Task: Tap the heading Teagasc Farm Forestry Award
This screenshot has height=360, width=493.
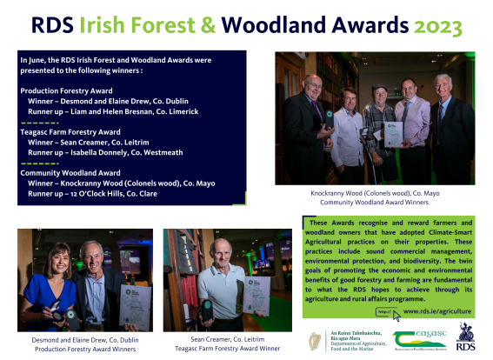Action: point(70,131)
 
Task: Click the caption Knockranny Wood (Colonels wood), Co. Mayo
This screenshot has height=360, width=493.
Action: point(374,193)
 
